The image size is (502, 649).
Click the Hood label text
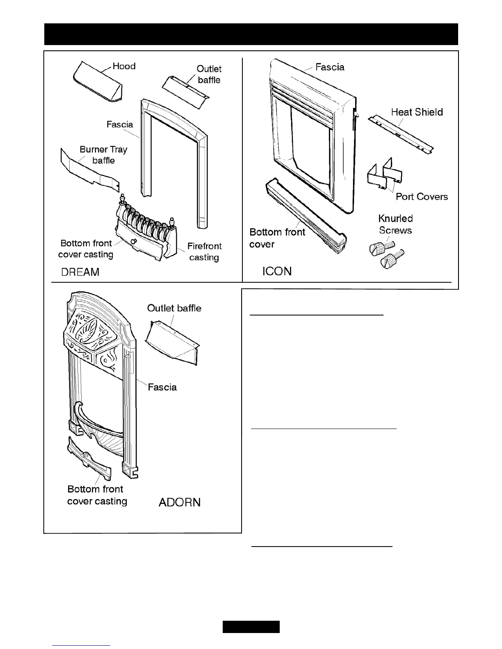click(x=124, y=66)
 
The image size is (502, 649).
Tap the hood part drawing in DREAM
click(x=98, y=83)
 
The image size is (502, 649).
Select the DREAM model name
click(x=80, y=272)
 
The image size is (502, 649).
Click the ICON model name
click(x=277, y=271)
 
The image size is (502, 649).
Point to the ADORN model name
click(x=180, y=502)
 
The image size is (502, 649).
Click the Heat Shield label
click(x=417, y=112)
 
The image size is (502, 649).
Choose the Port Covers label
click(x=422, y=197)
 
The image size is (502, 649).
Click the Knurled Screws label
click(x=395, y=225)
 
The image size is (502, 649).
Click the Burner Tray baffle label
click(x=103, y=155)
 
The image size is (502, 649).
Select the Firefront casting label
click(x=204, y=252)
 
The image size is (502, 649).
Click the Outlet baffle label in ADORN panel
click(x=174, y=308)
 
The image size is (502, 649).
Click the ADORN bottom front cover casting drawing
click(x=89, y=459)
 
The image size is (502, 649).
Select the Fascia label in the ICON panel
click(x=330, y=67)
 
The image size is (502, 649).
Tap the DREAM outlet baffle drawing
click(x=185, y=92)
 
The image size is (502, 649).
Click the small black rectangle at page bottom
click(x=251, y=627)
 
